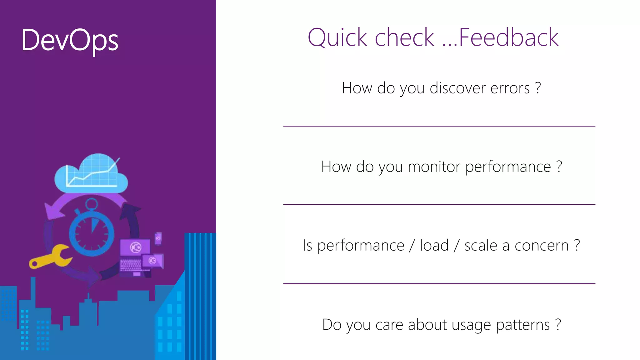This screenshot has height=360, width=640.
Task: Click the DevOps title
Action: [70, 40]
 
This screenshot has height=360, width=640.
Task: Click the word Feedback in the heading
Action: [508, 37]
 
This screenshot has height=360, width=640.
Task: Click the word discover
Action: [458, 88]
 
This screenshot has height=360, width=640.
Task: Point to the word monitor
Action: [434, 167]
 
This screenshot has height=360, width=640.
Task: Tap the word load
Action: [434, 245]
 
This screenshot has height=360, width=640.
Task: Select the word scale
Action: [481, 246]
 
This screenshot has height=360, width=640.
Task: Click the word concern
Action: [542, 246]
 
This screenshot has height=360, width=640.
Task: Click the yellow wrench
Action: [50, 257]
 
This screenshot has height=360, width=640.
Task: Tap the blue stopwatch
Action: [91, 231]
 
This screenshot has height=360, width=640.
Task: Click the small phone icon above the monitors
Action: [158, 238]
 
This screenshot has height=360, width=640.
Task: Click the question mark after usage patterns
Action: [558, 324]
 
